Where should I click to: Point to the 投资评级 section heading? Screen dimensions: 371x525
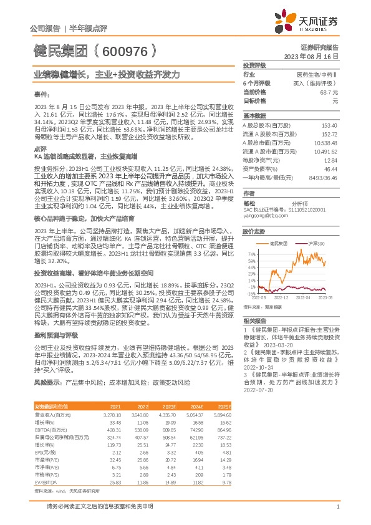coord(254,65)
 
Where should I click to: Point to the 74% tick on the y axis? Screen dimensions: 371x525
coord(251,254)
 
